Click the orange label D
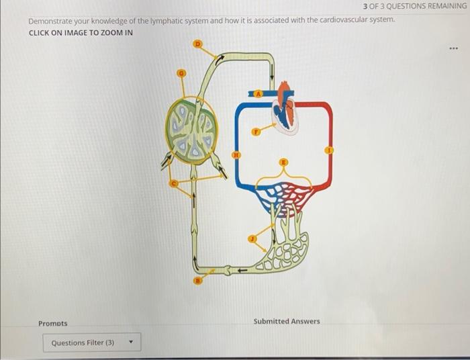coord(197,44)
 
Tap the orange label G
coord(180,72)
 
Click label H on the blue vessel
coord(236,155)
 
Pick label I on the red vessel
coord(329,150)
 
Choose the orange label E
coord(283,161)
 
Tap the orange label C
coord(173,183)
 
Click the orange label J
coord(252,238)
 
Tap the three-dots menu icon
coord(455,49)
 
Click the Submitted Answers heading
coord(287,321)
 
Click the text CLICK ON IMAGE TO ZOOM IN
coord(81,33)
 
